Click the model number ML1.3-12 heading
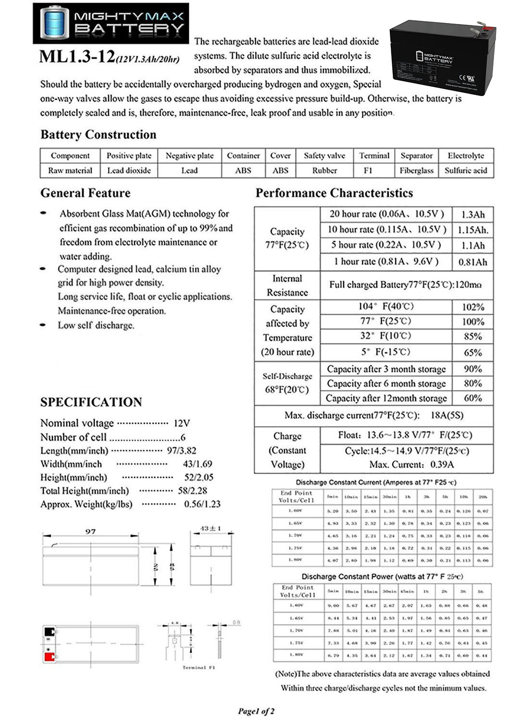click(77, 57)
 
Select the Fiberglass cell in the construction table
click(416, 170)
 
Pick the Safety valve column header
click(324, 156)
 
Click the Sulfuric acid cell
click(466, 170)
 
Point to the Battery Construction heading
click(98, 134)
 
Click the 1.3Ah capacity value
click(473, 215)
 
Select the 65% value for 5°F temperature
click(473, 353)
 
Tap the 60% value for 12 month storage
click(473, 398)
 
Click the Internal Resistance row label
click(287, 286)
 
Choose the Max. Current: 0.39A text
click(411, 465)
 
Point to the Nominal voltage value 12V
click(182, 423)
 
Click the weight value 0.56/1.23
click(202, 504)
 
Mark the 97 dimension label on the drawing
click(90, 531)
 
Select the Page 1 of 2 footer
click(256, 711)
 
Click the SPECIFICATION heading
click(91, 402)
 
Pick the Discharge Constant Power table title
click(382, 576)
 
